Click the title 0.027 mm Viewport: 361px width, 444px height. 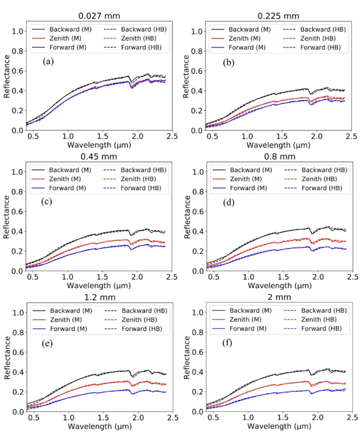click(99, 16)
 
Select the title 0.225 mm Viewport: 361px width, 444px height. click(278, 16)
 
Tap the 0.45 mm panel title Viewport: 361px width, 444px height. click(99, 157)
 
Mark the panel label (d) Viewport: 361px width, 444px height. click(229, 202)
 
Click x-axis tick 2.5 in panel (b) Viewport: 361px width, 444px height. click(352, 136)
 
